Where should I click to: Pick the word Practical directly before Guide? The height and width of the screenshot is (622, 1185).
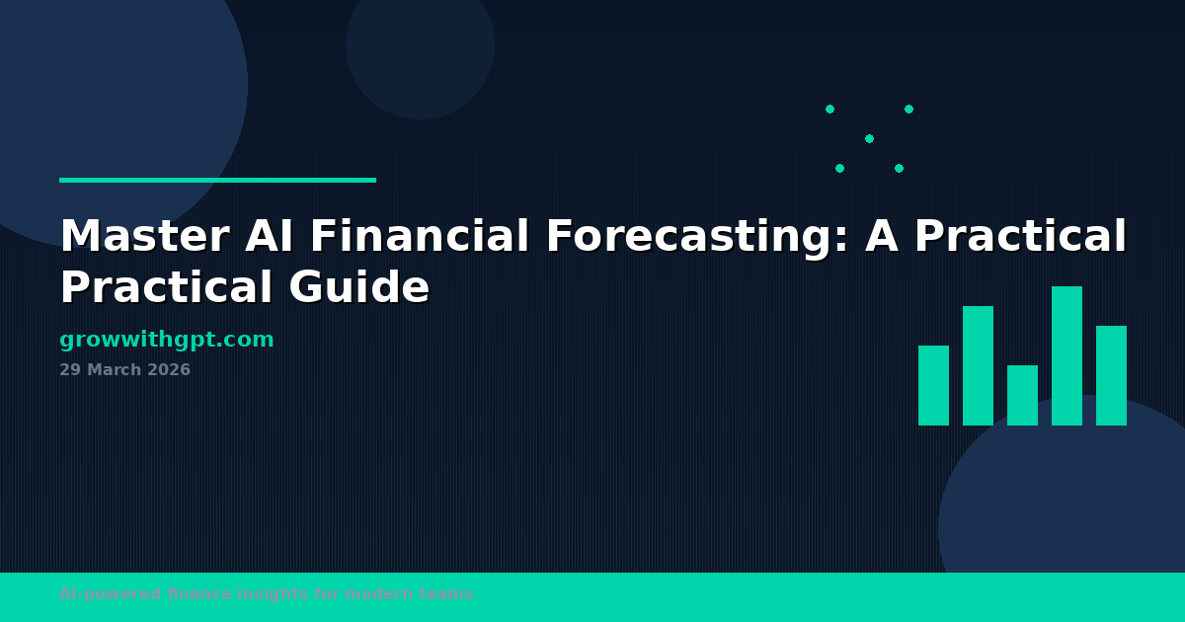[x=165, y=288]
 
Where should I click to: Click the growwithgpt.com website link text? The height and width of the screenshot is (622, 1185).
[x=166, y=340]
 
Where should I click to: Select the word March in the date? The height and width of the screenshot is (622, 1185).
[x=113, y=370]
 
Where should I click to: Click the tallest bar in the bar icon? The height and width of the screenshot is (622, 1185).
[x=1066, y=355]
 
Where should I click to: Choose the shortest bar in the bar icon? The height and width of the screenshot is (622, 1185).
[x=1022, y=395]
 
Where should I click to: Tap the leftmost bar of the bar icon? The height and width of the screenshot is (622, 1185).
[x=933, y=385]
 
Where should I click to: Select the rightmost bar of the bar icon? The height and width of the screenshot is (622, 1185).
[x=1111, y=375]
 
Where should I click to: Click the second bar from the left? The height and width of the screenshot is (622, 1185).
[x=978, y=365]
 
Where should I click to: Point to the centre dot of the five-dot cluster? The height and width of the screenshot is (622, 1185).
[x=869, y=138]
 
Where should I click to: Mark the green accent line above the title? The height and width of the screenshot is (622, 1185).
[x=217, y=180]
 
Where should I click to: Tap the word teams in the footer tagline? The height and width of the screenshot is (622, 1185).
[x=450, y=594]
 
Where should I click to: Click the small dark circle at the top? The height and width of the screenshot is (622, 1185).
[x=420, y=44]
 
